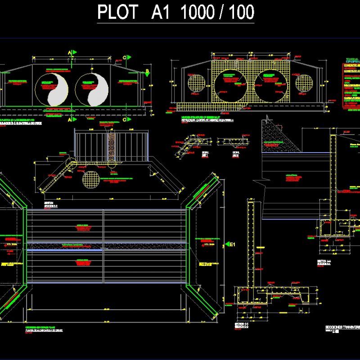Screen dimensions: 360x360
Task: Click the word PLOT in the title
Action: (117, 13)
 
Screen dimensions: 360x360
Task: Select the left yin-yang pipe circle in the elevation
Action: (51, 90)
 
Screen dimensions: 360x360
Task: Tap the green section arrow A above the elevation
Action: (74, 53)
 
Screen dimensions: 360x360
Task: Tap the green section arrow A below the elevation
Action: (74, 120)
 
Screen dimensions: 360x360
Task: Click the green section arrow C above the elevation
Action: (128, 57)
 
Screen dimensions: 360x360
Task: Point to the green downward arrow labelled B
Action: (147, 71)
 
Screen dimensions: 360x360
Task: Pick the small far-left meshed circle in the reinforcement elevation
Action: (196, 83)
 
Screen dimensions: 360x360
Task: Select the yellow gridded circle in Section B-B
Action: (90, 179)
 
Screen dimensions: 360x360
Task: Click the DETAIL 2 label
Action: (235, 153)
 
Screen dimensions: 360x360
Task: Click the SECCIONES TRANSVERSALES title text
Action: (342, 327)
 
